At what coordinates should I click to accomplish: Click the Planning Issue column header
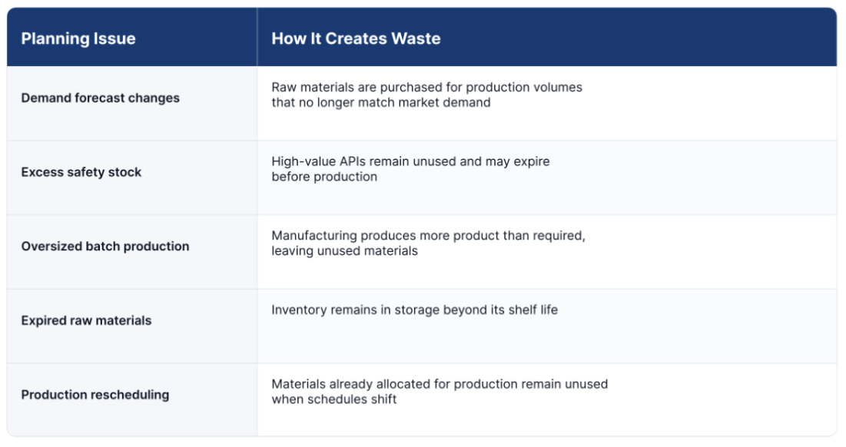click(78, 38)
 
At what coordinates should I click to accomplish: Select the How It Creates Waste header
click(356, 38)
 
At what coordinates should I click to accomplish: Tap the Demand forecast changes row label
click(101, 98)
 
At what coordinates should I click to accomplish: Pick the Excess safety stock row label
click(81, 172)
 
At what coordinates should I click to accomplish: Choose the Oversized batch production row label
click(105, 247)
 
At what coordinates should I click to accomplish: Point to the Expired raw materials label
click(86, 320)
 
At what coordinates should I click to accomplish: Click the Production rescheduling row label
click(95, 395)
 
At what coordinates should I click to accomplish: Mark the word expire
click(532, 162)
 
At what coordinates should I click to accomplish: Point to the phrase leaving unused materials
click(345, 251)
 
